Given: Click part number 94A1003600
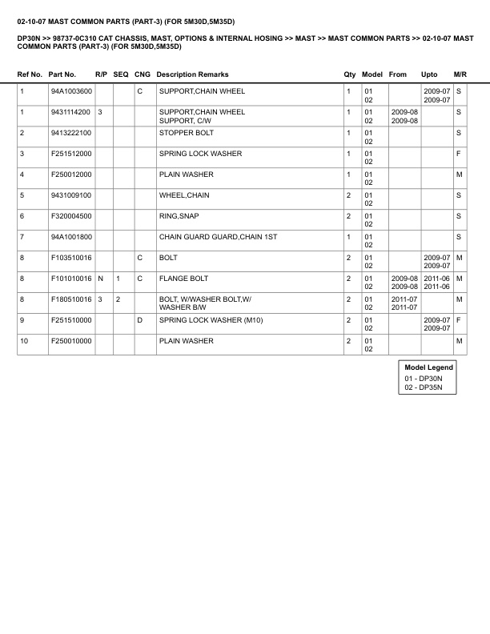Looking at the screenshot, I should (70, 91).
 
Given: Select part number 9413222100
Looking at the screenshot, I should (70, 133).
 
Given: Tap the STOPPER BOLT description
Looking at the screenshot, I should (187, 133).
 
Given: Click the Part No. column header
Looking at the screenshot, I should (62, 74).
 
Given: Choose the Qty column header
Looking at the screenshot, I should (350, 74).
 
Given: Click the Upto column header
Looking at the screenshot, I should (429, 74).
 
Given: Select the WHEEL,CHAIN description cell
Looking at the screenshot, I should (184, 195).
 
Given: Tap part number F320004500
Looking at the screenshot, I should (70, 216).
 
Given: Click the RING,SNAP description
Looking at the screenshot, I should (179, 216).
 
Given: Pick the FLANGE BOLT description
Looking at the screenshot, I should (183, 279).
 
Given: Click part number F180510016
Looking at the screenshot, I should (70, 299).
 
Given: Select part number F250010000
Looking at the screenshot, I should (70, 341).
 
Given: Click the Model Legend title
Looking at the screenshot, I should (429, 367).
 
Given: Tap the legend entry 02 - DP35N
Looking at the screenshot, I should (424, 387).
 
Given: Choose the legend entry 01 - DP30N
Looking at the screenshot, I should (424, 378).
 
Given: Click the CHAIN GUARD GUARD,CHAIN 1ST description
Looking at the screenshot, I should (218, 237).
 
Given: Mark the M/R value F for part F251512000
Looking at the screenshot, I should (459, 154).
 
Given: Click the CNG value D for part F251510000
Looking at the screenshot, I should (139, 320).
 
